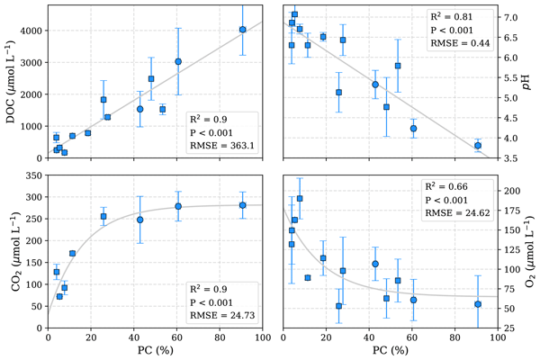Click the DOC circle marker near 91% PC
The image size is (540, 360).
(243, 30)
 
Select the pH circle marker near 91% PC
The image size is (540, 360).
(478, 145)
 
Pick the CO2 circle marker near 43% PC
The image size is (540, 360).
(140, 220)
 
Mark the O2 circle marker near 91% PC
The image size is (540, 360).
(478, 303)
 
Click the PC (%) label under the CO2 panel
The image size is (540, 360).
(155, 350)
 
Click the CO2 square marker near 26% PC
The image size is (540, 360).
(103, 216)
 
